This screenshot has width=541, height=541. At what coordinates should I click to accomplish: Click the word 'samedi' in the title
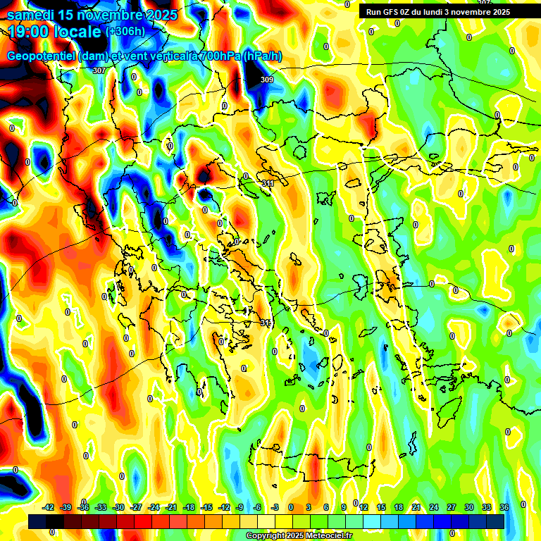(32, 14)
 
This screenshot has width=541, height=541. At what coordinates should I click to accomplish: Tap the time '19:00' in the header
(28, 32)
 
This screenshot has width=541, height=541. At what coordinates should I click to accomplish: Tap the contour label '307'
(99, 70)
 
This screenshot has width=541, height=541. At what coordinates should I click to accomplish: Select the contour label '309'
(266, 80)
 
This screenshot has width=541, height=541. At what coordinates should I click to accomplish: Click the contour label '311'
(268, 184)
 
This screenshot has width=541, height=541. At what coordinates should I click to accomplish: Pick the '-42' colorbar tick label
(49, 507)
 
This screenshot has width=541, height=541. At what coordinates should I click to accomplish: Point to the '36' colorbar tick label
(504, 507)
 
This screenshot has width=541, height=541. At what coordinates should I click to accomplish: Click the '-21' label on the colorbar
(171, 507)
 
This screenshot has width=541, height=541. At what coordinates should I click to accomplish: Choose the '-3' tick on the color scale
(275, 507)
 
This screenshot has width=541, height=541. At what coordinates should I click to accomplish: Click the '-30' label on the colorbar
(118, 507)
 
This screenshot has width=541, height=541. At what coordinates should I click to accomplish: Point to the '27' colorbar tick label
(452, 507)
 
